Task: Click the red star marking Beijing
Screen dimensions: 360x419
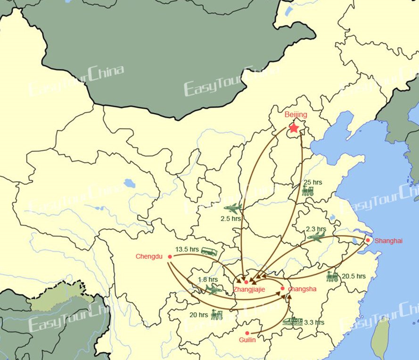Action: tap(294, 127)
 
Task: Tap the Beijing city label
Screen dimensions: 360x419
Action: tap(296, 115)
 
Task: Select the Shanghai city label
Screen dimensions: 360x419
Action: tap(389, 241)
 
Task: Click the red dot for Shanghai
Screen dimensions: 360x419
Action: tap(368, 240)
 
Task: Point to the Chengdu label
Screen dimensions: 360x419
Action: tap(149, 257)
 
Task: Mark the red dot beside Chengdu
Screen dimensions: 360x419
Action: tap(170, 257)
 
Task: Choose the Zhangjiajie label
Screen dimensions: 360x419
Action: tap(249, 289)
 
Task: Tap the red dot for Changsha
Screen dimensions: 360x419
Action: tap(282, 288)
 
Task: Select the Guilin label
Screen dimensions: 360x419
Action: tap(247, 340)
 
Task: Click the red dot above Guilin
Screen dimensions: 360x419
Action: tap(247, 333)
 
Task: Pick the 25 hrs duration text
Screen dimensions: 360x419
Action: tap(313, 182)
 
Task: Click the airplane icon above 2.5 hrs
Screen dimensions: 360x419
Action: tap(233, 208)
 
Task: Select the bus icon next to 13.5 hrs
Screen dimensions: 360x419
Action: tap(209, 251)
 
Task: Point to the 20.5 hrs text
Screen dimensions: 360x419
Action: tap(353, 276)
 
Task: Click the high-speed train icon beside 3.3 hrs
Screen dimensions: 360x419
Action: tap(292, 322)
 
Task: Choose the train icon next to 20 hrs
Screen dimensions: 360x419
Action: tap(217, 315)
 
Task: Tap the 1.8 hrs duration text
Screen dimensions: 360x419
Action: tap(208, 279)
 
